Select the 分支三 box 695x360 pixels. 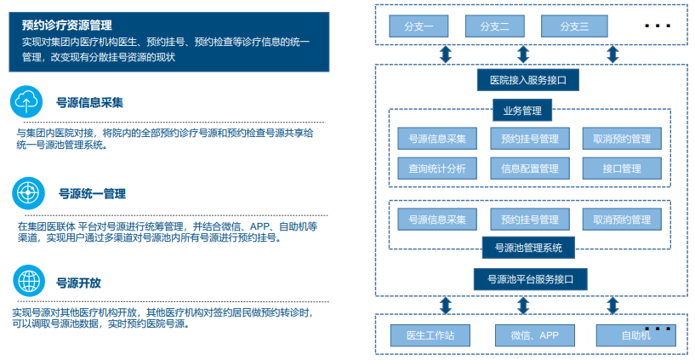click(574, 26)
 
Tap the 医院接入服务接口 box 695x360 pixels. click(528, 80)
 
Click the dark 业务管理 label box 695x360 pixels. click(522, 111)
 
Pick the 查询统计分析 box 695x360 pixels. click(437, 169)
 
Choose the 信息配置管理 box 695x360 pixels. click(530, 169)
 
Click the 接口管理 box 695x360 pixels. click(622, 169)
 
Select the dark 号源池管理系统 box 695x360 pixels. click(528, 248)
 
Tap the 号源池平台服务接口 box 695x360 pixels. click(531, 279)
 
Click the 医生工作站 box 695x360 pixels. click(430, 335)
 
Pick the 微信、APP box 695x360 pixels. click(535, 335)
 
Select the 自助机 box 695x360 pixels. click(636, 335)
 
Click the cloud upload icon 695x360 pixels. click(26, 101)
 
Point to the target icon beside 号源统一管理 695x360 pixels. click(28, 193)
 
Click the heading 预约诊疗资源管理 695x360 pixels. click(67, 26)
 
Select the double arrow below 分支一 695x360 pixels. click(446, 54)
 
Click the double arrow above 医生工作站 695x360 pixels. click(446, 306)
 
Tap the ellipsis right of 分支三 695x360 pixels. click(658, 26)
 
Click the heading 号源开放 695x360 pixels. click(78, 283)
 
